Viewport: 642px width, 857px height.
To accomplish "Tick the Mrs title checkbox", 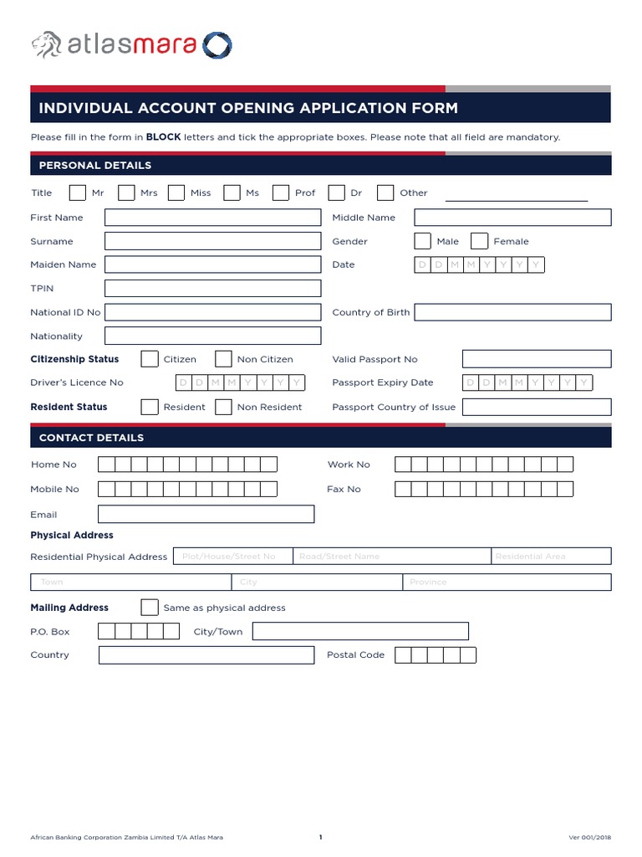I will [126, 193].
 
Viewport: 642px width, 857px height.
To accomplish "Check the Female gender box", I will [479, 241].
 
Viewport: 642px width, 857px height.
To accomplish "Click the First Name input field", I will [212, 218].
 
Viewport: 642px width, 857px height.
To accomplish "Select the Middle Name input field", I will [512, 218].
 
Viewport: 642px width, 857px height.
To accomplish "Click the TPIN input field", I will [212, 289].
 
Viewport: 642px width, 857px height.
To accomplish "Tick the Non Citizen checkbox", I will [223, 359].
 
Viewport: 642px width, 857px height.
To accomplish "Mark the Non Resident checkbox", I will [223, 407].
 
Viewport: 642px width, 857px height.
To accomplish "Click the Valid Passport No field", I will [536, 359].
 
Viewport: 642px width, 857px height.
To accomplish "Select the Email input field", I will [206, 514].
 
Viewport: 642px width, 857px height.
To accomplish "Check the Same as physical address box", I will [150, 608].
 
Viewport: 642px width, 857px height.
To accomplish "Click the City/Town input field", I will [360, 631].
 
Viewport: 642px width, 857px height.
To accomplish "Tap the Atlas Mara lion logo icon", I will [47, 44].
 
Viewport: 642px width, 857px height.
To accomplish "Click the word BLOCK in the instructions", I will [164, 136].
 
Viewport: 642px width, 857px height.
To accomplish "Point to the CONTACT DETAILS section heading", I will [91, 438].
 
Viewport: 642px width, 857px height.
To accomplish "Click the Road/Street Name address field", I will [391, 557].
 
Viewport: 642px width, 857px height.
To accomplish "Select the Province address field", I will [507, 582].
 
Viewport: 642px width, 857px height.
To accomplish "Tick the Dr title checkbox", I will [336, 193].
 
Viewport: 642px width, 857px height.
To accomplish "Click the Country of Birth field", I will [512, 312].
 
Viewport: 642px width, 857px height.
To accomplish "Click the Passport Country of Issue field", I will [536, 407].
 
